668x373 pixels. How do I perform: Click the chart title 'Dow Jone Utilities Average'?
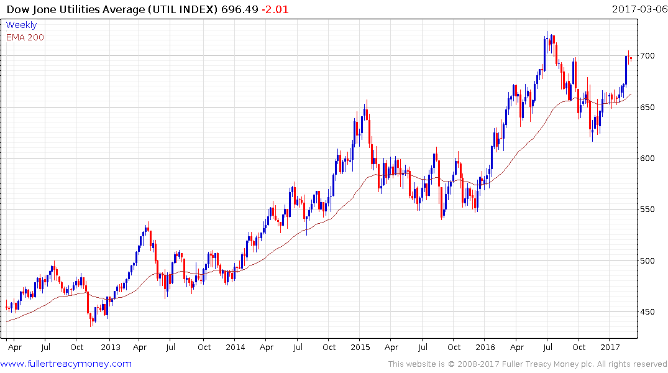point(78,9)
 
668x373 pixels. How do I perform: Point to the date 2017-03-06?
point(638,9)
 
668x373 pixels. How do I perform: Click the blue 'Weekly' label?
point(21,25)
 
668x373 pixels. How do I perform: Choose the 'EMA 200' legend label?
point(25,37)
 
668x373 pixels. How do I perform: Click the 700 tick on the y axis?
point(648,56)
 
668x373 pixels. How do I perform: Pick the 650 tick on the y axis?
point(648,108)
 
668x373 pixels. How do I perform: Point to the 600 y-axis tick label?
point(648,159)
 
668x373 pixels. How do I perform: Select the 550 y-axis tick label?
point(648,210)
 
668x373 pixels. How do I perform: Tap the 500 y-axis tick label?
point(648,260)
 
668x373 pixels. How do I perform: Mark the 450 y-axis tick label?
point(648,312)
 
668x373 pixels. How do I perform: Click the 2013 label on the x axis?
point(110,348)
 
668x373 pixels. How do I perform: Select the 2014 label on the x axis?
point(236,348)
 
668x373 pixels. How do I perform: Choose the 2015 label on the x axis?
point(360,348)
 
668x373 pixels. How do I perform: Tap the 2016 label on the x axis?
point(485,348)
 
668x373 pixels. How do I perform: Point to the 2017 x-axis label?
point(611,348)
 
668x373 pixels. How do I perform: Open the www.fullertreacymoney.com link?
point(66,364)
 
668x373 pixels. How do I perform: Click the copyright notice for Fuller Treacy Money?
point(528,364)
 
